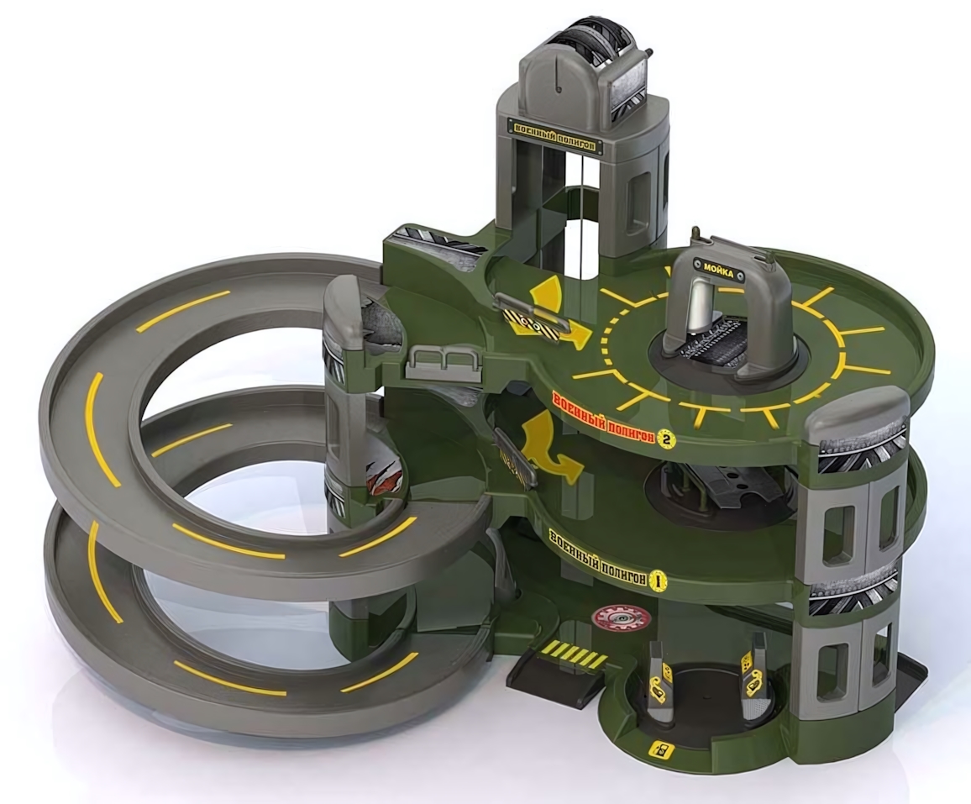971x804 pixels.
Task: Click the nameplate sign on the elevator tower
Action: pyautogui.click(x=555, y=135)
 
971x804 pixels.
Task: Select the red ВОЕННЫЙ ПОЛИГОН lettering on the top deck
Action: pyautogui.click(x=603, y=416)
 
